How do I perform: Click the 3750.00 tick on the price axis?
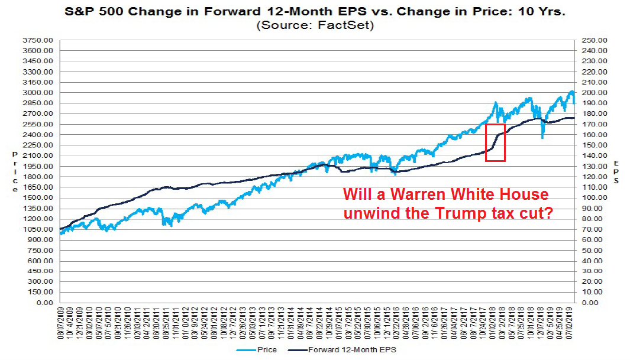pos(40,40)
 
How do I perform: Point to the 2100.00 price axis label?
pos(40,155)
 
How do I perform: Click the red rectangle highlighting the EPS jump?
pos(495,142)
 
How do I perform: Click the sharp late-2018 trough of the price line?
pos(542,138)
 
